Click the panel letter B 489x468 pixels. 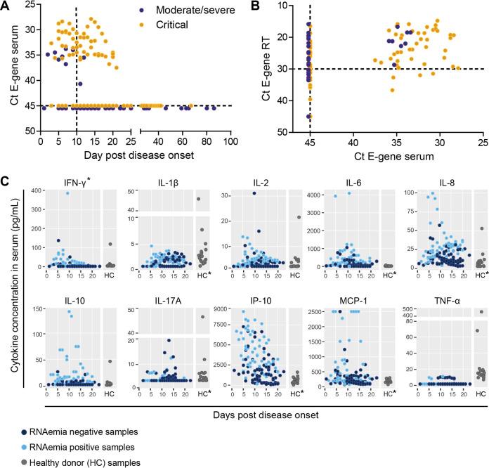[x=265, y=8]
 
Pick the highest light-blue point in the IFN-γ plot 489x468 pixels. [x=67, y=193]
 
